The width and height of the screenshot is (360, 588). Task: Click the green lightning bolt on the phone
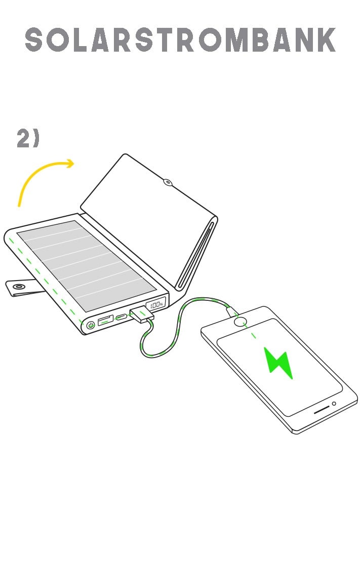click(x=278, y=363)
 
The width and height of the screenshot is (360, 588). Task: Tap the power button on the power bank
click(x=90, y=325)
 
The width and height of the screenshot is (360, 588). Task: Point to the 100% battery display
click(x=155, y=304)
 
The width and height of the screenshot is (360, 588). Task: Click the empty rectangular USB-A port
click(x=105, y=320)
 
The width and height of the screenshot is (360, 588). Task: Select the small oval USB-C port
click(x=121, y=317)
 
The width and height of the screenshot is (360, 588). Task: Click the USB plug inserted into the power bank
click(x=142, y=314)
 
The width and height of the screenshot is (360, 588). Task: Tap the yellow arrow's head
click(x=69, y=164)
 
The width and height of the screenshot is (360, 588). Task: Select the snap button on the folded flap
click(x=168, y=183)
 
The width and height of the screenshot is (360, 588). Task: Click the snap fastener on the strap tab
click(x=18, y=287)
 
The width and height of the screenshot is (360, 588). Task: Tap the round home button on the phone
click(x=241, y=322)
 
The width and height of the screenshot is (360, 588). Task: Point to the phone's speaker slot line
click(x=322, y=410)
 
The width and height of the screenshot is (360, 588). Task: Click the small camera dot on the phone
click(x=334, y=404)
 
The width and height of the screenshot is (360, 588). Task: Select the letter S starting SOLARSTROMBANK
click(x=34, y=40)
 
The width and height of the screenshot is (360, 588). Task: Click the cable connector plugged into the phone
click(x=232, y=311)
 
